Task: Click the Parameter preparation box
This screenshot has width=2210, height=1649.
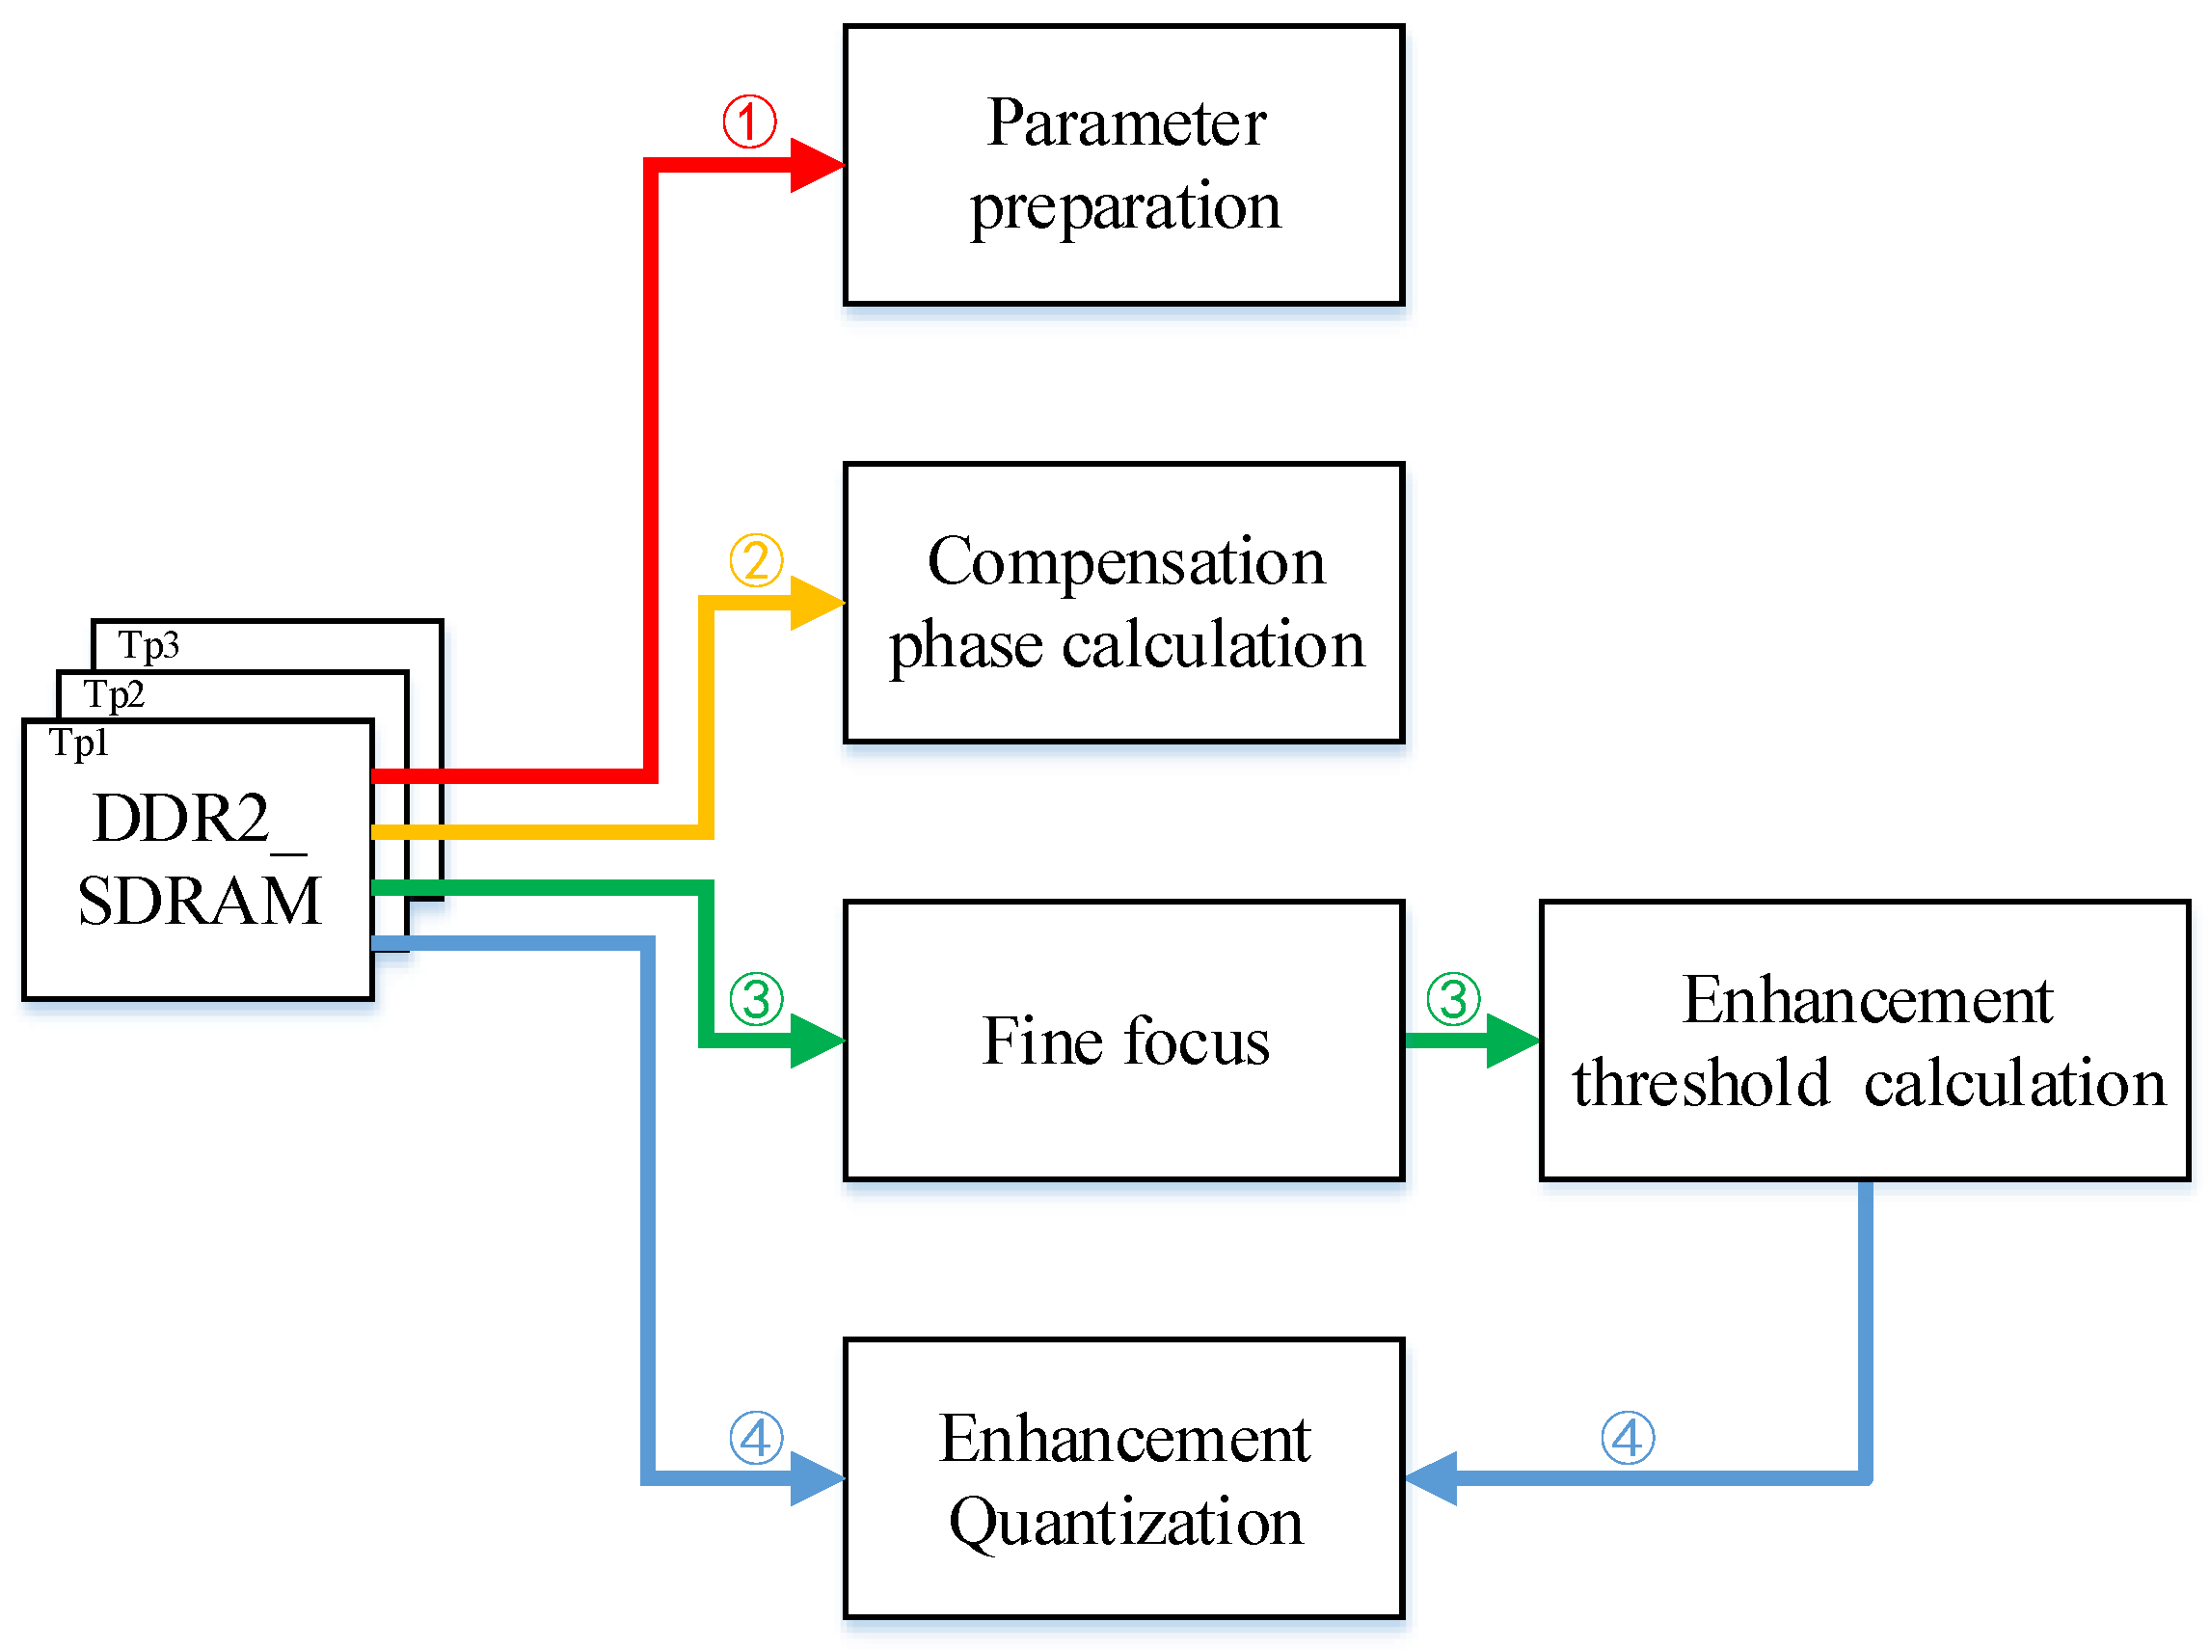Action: click(1123, 165)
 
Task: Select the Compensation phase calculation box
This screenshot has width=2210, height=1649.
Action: click(1123, 602)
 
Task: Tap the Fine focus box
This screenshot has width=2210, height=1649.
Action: click(1123, 1041)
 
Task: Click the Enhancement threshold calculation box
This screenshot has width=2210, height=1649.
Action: click(1865, 1041)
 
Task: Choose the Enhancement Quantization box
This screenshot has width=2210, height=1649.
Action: click(1123, 1478)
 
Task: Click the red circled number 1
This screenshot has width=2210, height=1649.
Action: click(749, 122)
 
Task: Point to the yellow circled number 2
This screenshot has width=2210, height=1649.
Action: click(756, 560)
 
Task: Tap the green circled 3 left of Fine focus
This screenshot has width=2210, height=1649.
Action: click(756, 999)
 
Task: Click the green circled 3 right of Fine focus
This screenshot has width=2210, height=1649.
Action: click(1452, 999)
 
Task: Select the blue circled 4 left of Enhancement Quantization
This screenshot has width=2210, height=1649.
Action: click(756, 1439)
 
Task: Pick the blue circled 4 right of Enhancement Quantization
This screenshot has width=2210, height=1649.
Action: click(1627, 1439)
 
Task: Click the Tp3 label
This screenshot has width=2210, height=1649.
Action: click(148, 646)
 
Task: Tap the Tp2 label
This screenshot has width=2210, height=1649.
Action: click(114, 694)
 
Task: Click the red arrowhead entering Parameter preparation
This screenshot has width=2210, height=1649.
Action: click(817, 165)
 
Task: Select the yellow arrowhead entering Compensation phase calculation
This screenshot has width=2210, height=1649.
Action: click(817, 602)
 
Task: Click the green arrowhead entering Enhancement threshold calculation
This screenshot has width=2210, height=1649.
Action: click(1511, 1041)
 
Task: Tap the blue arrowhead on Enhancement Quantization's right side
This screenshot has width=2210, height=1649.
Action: click(1433, 1478)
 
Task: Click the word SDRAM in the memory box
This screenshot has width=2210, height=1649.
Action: click(200, 902)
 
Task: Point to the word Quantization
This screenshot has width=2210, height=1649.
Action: click(1125, 1523)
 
